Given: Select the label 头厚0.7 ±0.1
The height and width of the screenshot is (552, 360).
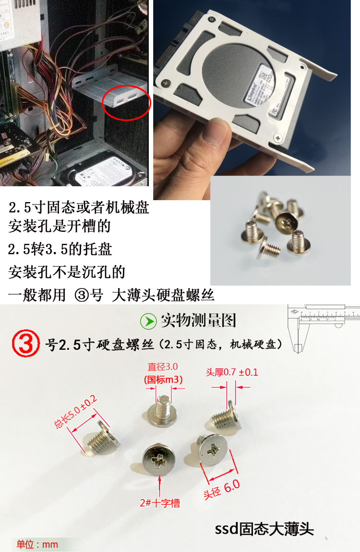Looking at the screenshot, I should (232, 372).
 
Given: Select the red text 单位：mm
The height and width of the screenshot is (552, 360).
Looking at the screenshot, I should (37, 544).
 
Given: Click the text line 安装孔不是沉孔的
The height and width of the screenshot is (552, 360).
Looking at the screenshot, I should (67, 272).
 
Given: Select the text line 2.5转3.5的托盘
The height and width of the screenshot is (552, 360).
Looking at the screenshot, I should (60, 249).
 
